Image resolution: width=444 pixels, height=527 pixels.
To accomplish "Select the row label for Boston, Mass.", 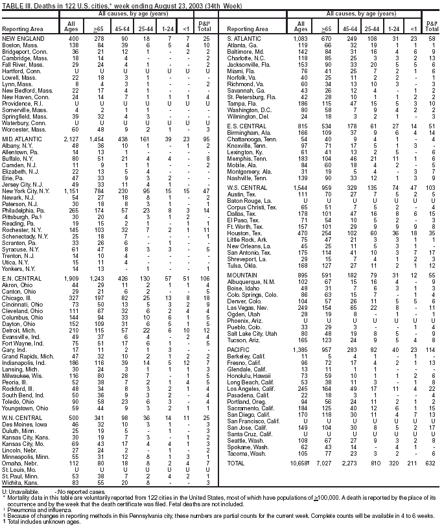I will pos(19,45).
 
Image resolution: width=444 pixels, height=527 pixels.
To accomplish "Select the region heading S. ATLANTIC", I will pos(244,40).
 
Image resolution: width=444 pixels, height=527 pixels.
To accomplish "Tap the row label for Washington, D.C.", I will pos(249,110).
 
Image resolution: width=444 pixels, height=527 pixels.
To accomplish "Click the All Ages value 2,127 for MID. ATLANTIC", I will pos(73,139).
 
